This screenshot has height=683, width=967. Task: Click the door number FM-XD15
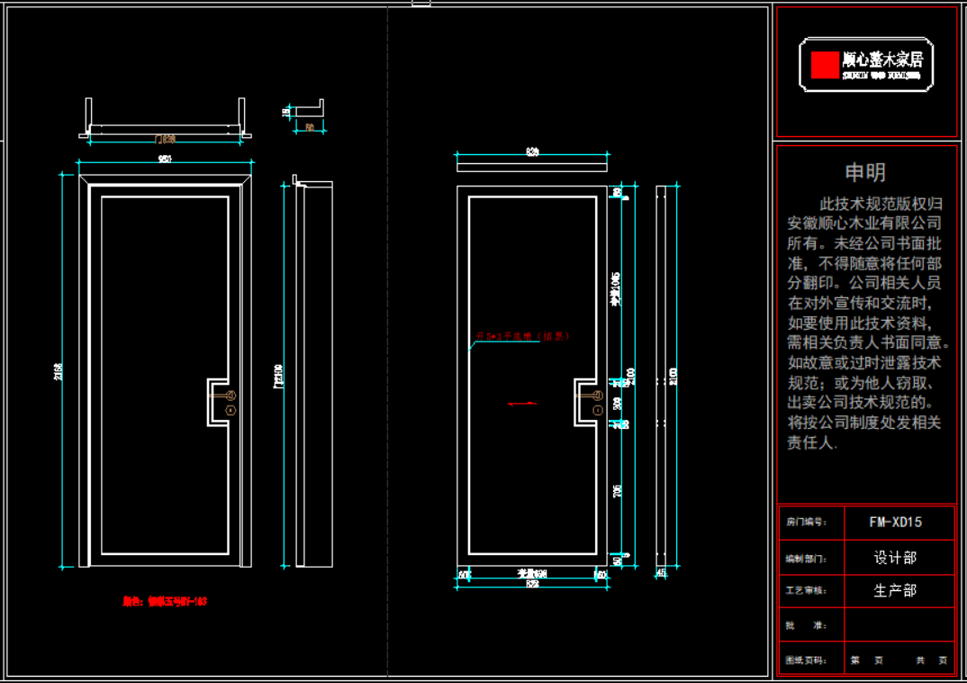895,522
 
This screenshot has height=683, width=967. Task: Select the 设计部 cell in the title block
895,558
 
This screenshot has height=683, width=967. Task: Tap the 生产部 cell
895,591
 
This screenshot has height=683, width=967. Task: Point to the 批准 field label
793,625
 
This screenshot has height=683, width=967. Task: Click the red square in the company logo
824,64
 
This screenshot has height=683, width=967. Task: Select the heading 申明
864,173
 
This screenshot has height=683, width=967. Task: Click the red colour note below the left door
165,601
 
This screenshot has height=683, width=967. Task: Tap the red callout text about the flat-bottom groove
523,337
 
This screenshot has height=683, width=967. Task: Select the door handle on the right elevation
589,394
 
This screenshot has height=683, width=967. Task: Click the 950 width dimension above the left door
166,159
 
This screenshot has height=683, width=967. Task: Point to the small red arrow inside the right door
523,404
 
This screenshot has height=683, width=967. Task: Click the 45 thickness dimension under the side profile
662,573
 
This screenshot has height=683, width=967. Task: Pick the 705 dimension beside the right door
617,491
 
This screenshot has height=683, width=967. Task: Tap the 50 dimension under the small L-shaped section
310,128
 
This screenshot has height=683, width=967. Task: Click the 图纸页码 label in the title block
805,660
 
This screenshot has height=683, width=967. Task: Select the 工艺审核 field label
805,591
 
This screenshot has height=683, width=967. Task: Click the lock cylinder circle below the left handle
230,411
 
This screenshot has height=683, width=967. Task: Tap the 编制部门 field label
805,559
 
